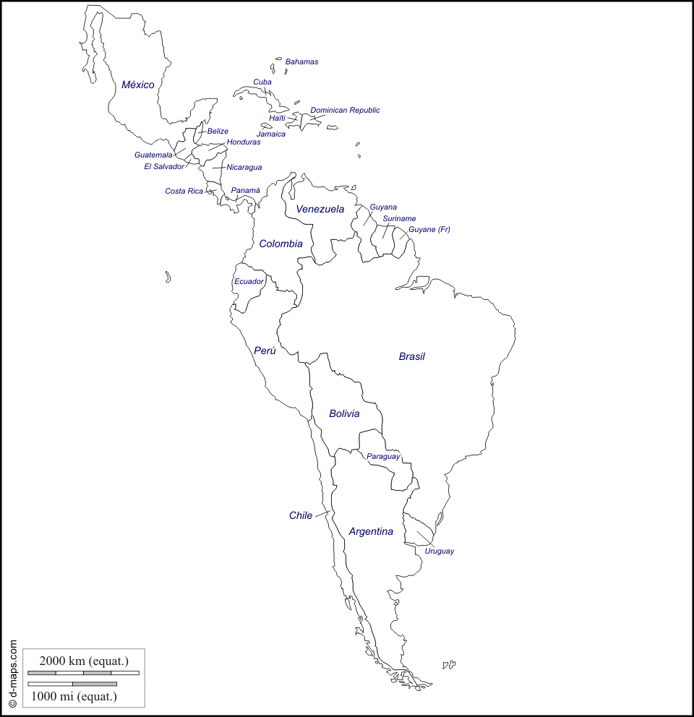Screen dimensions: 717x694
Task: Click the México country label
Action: pos(137,85)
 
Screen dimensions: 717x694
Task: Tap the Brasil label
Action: pos(412,356)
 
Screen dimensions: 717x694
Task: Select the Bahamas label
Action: pos(301,62)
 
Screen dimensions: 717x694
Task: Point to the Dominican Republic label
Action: pos(345,111)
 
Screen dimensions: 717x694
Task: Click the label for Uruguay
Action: pos(440,551)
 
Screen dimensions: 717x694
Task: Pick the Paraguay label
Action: pos(383,457)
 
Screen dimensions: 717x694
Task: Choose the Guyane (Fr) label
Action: pos(429,230)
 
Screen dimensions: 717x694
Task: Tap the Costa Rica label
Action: pos(184,192)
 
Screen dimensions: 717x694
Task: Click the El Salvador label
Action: pos(164,167)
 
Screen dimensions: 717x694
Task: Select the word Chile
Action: pos(301,515)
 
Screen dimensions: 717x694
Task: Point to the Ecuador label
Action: pos(249,282)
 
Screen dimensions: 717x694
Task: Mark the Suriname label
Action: pos(399,218)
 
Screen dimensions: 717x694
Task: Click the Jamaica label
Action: pos(271,134)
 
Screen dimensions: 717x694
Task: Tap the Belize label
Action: pos(218,132)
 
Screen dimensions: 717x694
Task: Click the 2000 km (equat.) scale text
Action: pos(84,660)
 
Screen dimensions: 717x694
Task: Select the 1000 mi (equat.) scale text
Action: pos(74,697)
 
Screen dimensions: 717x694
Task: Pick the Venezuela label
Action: pos(320,210)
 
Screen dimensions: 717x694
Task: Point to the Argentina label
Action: pos(371,532)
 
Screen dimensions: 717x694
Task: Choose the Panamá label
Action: pos(246,191)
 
